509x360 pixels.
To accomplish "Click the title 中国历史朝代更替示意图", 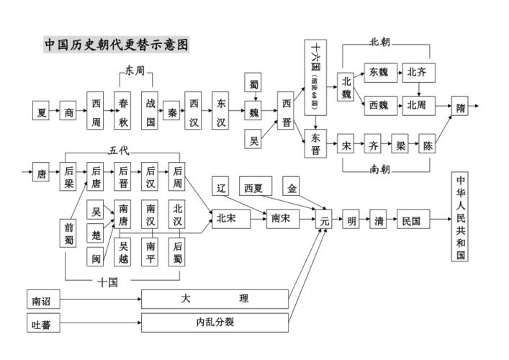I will tap(117, 45).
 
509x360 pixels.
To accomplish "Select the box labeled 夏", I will tap(42, 112).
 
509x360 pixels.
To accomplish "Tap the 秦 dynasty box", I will tap(173, 112).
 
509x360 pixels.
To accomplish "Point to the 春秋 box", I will tap(124, 112).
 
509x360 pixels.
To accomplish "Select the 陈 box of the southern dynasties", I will tap(428, 145).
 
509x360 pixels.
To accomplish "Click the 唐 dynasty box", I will tap(42, 173).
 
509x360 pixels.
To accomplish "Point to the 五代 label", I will tap(118, 150).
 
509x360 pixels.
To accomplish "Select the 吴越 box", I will tap(125, 251).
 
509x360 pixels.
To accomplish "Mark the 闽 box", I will tap(96, 256).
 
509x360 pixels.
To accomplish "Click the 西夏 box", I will tap(253, 188).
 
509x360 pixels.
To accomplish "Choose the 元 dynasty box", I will tap(325, 220).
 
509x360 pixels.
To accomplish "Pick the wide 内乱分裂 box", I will tap(215, 323).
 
